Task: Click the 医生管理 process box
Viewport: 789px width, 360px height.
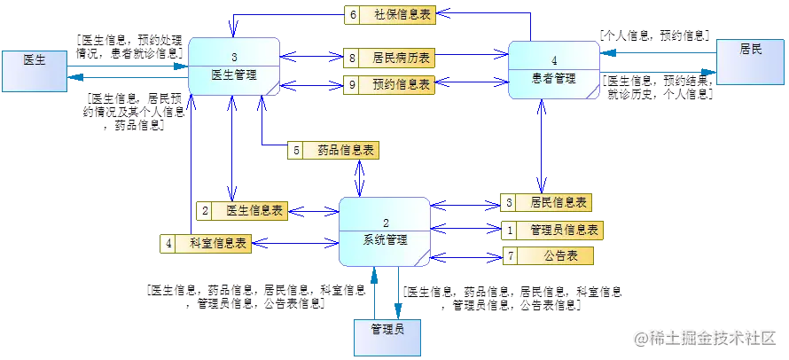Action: (x=234, y=67)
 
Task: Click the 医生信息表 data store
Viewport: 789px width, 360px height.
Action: (x=252, y=211)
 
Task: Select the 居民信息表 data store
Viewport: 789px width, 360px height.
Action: (x=556, y=203)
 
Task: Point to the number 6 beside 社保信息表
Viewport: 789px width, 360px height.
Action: (x=352, y=14)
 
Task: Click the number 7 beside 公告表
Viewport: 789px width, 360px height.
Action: (x=510, y=256)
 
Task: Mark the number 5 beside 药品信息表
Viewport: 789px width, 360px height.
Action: (x=296, y=151)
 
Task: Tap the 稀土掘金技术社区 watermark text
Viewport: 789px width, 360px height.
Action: (x=709, y=338)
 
